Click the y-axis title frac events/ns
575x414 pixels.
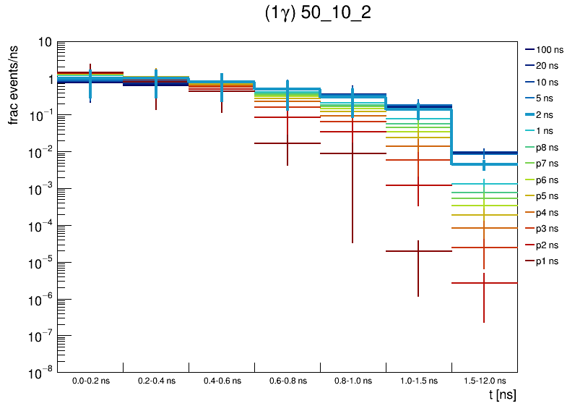(x=14, y=83)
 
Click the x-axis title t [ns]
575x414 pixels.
(x=502, y=395)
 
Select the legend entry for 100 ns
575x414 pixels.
(x=549, y=50)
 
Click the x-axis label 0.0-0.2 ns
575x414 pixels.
(x=90, y=380)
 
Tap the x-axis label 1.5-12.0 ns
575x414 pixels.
(x=484, y=380)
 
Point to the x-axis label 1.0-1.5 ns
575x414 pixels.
(x=418, y=380)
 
